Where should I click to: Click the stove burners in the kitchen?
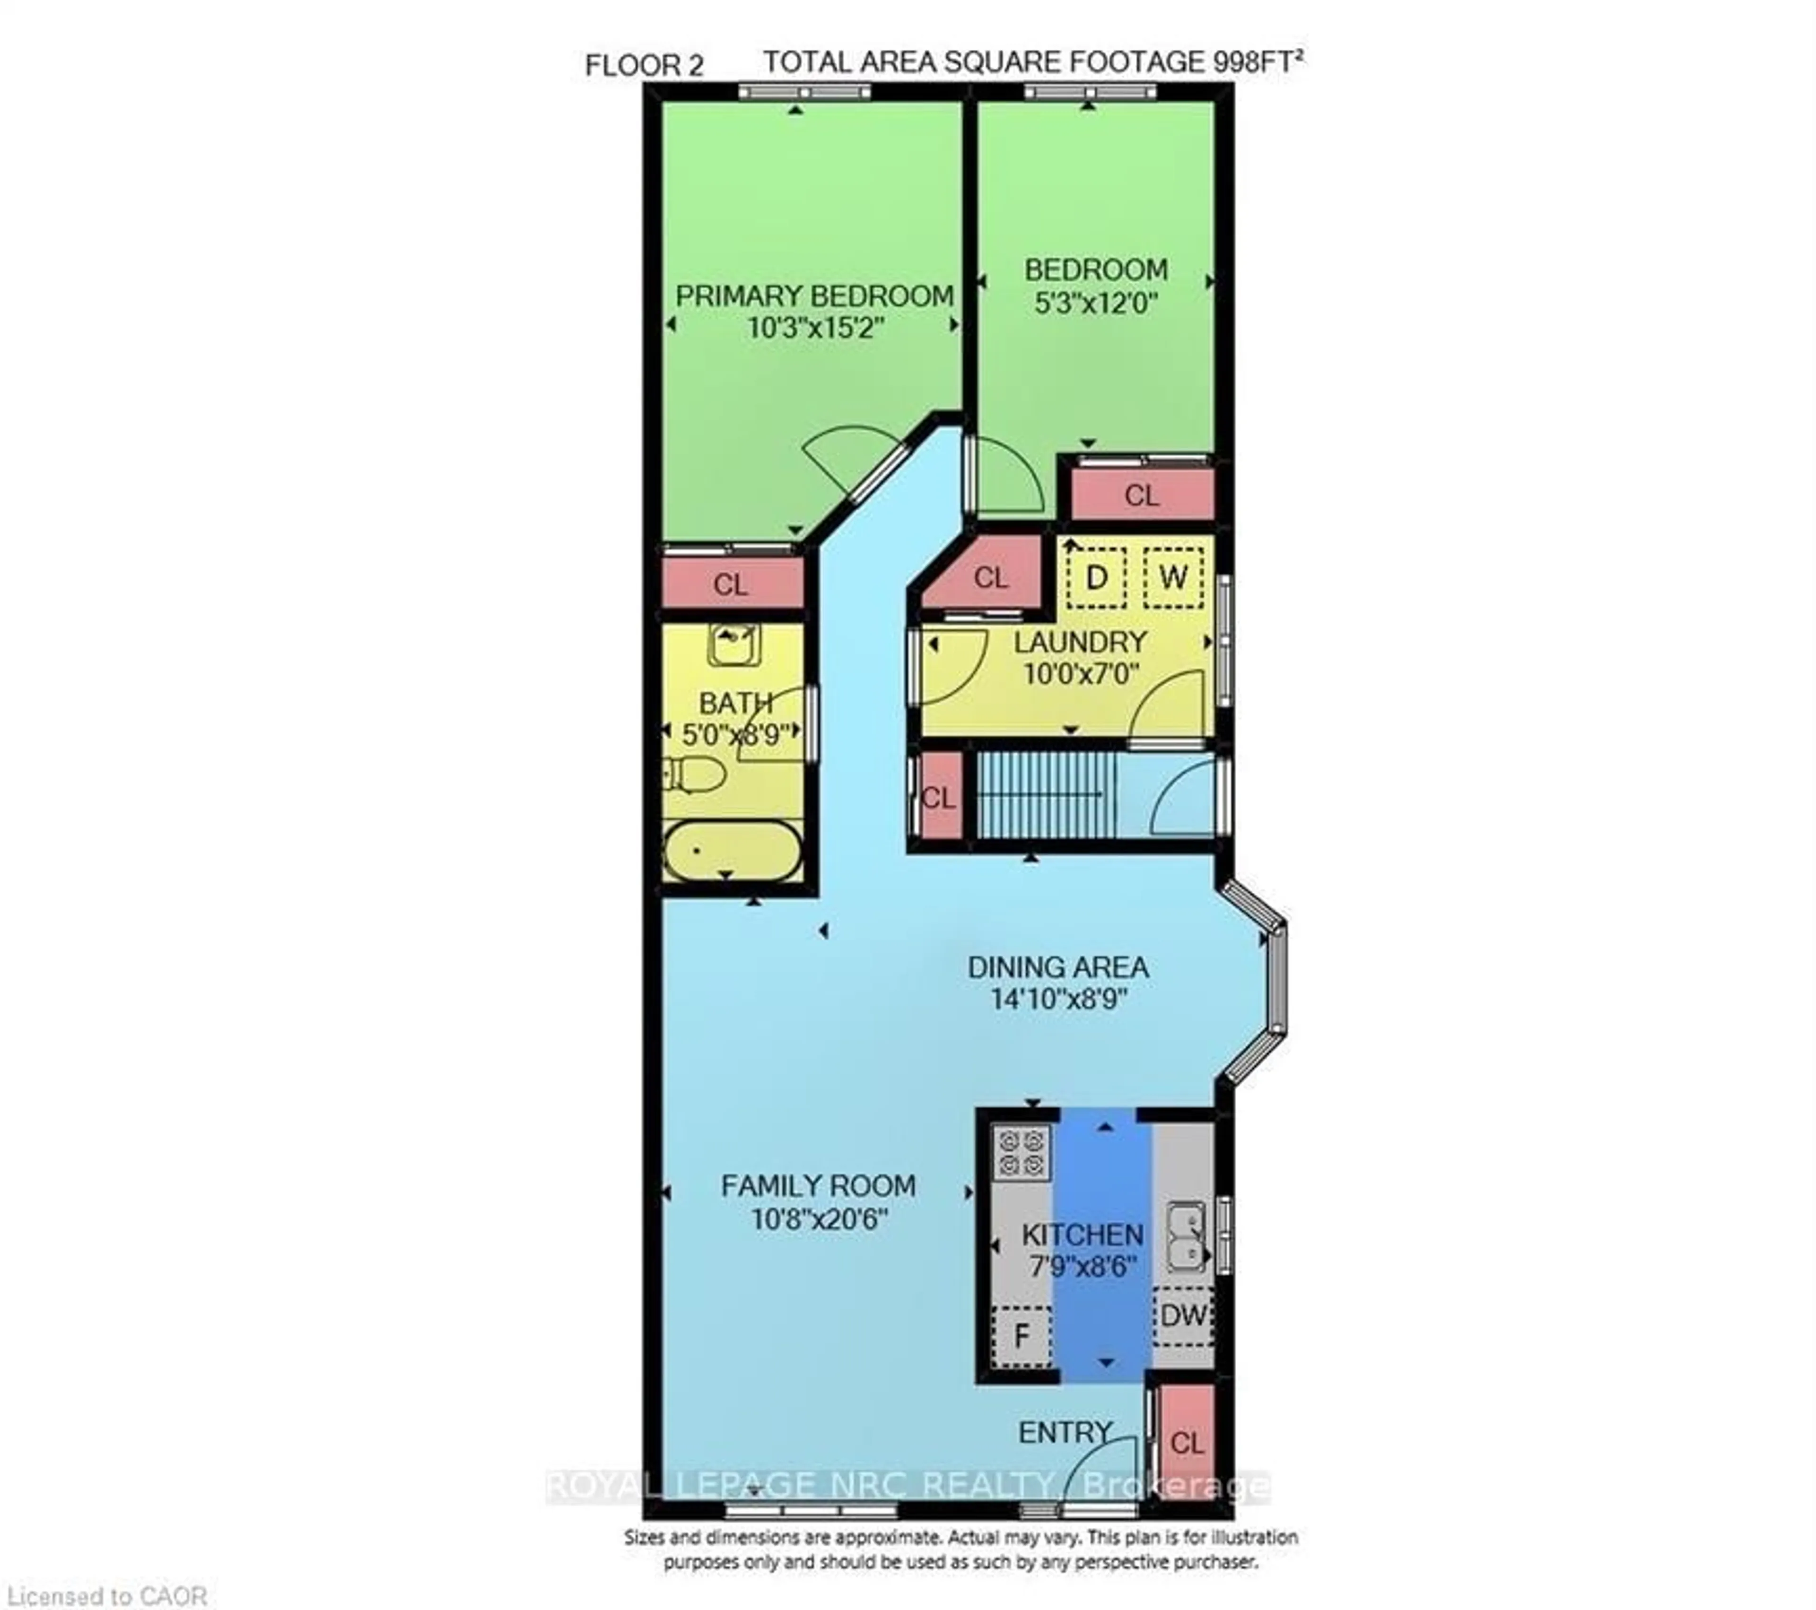pyautogui.click(x=1021, y=1152)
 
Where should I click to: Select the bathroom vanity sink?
pyautogui.click(x=734, y=644)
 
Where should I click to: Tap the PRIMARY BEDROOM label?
pyautogui.click(x=815, y=296)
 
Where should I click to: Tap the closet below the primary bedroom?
pyautogui.click(x=731, y=584)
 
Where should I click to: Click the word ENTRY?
pyautogui.click(x=1065, y=1432)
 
